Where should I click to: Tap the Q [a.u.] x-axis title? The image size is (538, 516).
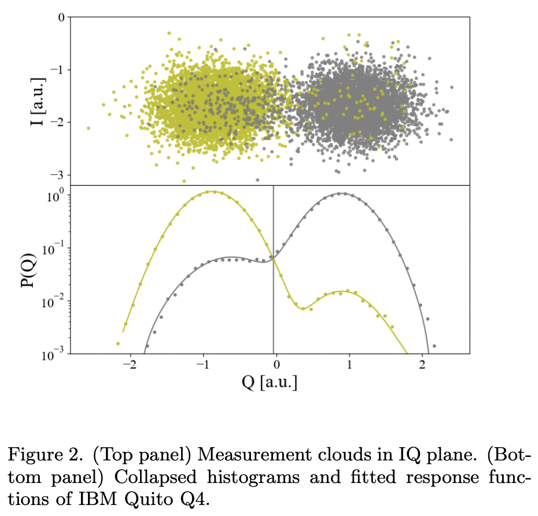pos(269,383)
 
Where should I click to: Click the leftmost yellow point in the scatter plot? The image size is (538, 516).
pos(88,128)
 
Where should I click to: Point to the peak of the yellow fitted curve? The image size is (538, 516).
pos(212,191)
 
